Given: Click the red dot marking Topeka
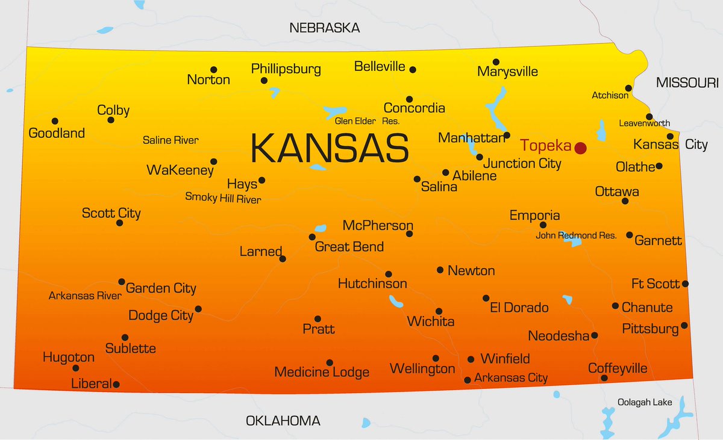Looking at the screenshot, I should [580, 147].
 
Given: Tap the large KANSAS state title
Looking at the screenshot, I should [330, 148].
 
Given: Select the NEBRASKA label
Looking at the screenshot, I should [324, 28].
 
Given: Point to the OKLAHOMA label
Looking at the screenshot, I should [283, 421].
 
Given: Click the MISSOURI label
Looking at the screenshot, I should [687, 82].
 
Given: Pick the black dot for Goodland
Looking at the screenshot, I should [55, 121].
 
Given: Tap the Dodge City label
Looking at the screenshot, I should [161, 315].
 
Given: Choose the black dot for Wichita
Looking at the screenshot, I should [439, 311].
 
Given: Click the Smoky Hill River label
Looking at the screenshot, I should [223, 197].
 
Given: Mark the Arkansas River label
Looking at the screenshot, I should [85, 296].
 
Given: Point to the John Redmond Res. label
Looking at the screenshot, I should [576, 235].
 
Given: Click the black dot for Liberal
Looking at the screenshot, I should [116, 384].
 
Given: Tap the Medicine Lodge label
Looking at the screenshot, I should [322, 372].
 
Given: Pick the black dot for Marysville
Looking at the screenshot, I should [496, 62].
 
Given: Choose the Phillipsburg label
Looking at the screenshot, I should [286, 69].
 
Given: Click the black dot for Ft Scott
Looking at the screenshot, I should [685, 284].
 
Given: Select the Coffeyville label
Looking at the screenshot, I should [618, 368].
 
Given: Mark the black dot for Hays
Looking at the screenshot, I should [261, 180].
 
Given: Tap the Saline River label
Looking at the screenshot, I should [171, 140].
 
